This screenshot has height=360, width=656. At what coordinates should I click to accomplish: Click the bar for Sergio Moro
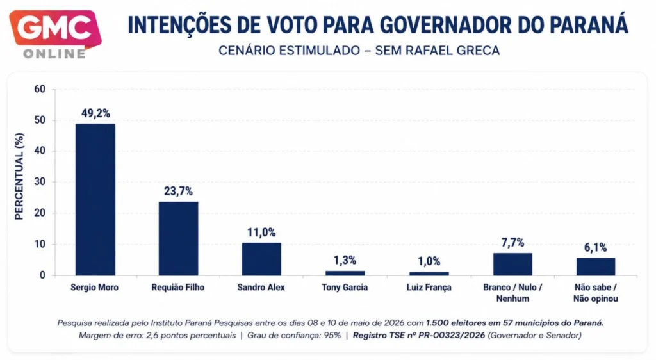pos(95,199)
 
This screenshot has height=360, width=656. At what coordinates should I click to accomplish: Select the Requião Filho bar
pos(178,239)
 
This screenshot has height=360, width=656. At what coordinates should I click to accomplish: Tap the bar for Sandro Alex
pos(261,259)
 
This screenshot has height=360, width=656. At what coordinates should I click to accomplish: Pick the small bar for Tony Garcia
pos(345,274)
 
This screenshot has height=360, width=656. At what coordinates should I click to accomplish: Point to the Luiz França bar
pos(429,274)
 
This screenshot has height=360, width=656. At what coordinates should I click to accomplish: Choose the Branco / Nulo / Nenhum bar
pos(512,265)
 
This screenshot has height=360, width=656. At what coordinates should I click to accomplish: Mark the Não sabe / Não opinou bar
pos(596,266)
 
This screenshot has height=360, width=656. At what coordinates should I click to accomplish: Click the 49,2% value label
pos(96,113)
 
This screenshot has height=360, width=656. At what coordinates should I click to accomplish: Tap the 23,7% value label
pos(178,192)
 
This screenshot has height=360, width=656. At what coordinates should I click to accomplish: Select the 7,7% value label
pos(513,243)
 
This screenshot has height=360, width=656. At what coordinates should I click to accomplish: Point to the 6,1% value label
pos(596,247)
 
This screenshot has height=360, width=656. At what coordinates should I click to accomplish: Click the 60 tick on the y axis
pos(40,89)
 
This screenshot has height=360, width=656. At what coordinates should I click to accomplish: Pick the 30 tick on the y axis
pos(40,182)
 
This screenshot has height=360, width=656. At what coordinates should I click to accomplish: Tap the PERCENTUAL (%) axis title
pos(19,176)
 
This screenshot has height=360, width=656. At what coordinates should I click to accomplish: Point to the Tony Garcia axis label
pos(345,287)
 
